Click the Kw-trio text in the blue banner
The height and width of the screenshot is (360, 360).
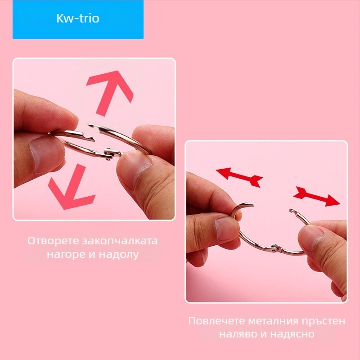point(78,19)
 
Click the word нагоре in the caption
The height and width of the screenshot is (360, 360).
point(61,255)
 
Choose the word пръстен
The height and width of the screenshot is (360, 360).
point(325,321)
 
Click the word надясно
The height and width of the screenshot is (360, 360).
point(294,335)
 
